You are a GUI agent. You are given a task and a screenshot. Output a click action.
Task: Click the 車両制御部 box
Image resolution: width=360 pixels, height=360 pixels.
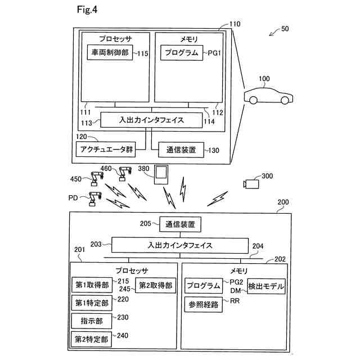[110, 52]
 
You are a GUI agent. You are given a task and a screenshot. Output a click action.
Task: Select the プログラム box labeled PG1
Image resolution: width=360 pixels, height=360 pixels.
[182, 53]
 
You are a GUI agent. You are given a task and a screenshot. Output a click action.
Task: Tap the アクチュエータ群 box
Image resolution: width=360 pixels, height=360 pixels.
[106, 150]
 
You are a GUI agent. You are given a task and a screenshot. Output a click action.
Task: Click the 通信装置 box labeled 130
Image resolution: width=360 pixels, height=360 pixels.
[181, 150]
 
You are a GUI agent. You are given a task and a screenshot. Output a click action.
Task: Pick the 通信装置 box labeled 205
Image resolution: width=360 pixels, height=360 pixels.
[180, 224]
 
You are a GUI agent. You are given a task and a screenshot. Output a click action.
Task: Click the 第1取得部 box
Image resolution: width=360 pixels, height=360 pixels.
[92, 285]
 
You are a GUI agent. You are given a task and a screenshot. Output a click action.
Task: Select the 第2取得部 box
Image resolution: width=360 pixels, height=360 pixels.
[156, 285]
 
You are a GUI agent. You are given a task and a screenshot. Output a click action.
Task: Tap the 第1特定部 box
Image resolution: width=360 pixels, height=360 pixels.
[92, 303]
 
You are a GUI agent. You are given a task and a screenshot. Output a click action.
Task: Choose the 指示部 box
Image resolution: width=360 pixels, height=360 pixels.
[92, 321]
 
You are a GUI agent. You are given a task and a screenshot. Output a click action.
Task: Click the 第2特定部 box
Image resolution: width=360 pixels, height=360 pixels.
[91, 339]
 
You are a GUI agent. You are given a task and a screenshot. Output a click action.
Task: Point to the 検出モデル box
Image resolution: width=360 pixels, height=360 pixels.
[266, 286]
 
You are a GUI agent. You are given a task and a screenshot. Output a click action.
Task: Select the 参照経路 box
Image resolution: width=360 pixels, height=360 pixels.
[204, 304]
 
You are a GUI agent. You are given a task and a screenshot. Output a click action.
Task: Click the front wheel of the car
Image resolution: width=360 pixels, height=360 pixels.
[285, 100]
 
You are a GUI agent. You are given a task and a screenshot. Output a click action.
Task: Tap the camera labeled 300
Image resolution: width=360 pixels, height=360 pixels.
[251, 184]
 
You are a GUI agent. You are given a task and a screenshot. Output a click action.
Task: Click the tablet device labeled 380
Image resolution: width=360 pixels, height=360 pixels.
[161, 175]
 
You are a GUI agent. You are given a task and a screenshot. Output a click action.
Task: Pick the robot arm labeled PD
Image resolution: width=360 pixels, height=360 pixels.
[94, 199]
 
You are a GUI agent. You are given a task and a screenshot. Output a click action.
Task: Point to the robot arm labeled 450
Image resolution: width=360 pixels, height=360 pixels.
[97, 179]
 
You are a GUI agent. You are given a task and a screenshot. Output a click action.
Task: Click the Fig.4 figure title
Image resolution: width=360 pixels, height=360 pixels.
[87, 10]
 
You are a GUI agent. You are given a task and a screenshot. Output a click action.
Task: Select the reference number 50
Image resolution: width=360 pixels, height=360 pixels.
[285, 29]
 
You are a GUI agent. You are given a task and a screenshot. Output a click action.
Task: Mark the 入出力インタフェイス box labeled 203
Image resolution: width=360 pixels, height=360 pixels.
[180, 245]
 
